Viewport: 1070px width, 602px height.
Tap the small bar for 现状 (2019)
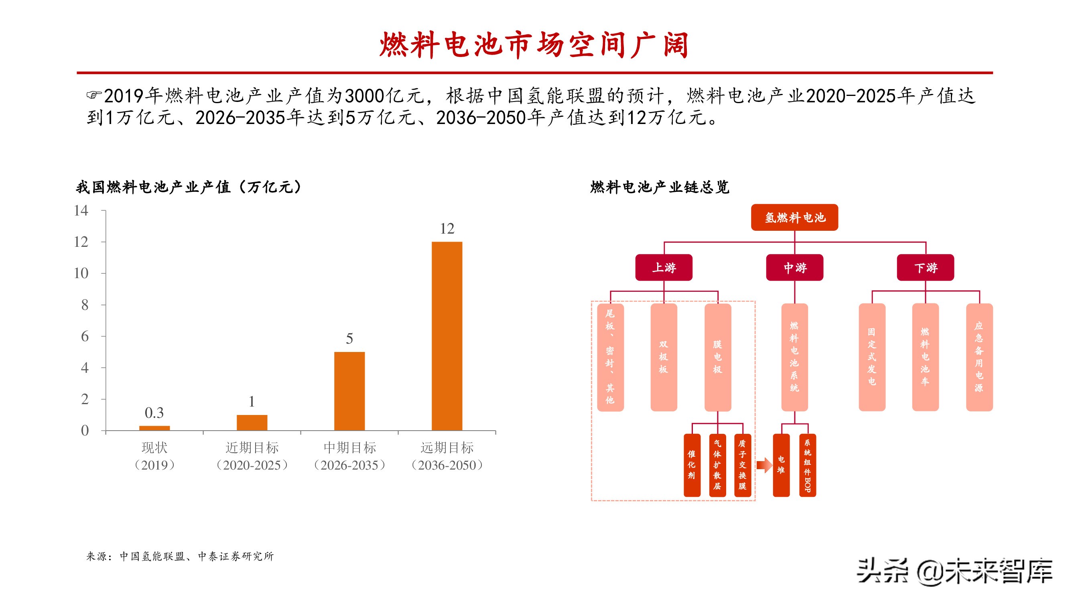pos(154,428)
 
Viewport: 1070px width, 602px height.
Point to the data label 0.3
pos(154,413)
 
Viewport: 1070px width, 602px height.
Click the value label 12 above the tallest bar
pos(447,228)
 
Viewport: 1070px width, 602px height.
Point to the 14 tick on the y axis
pos(81,211)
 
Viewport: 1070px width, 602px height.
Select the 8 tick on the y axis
pos(85,305)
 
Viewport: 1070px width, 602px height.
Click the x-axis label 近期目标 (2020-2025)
pos(252,456)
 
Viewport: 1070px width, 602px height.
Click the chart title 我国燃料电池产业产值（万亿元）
pos(189,187)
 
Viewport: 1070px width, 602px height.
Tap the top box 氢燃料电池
pos(794,217)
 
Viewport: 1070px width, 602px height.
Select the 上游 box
pos(664,268)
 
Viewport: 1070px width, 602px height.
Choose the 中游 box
pos(794,268)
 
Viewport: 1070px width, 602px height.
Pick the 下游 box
pos(925,268)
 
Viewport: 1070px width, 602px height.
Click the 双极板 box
pos(663,357)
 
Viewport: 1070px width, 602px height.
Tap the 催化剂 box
pos(692,465)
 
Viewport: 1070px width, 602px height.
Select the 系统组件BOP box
pos(807,465)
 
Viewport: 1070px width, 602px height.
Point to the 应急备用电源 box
pos(979,357)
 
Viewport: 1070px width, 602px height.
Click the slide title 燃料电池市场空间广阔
pos(534,45)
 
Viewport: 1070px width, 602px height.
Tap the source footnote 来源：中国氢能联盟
pos(180,556)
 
